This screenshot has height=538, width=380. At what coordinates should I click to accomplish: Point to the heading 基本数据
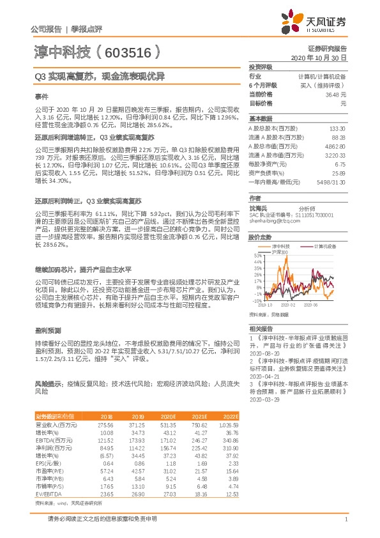tap(260, 119)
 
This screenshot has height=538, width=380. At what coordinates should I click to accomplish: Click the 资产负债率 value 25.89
tap(339, 173)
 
